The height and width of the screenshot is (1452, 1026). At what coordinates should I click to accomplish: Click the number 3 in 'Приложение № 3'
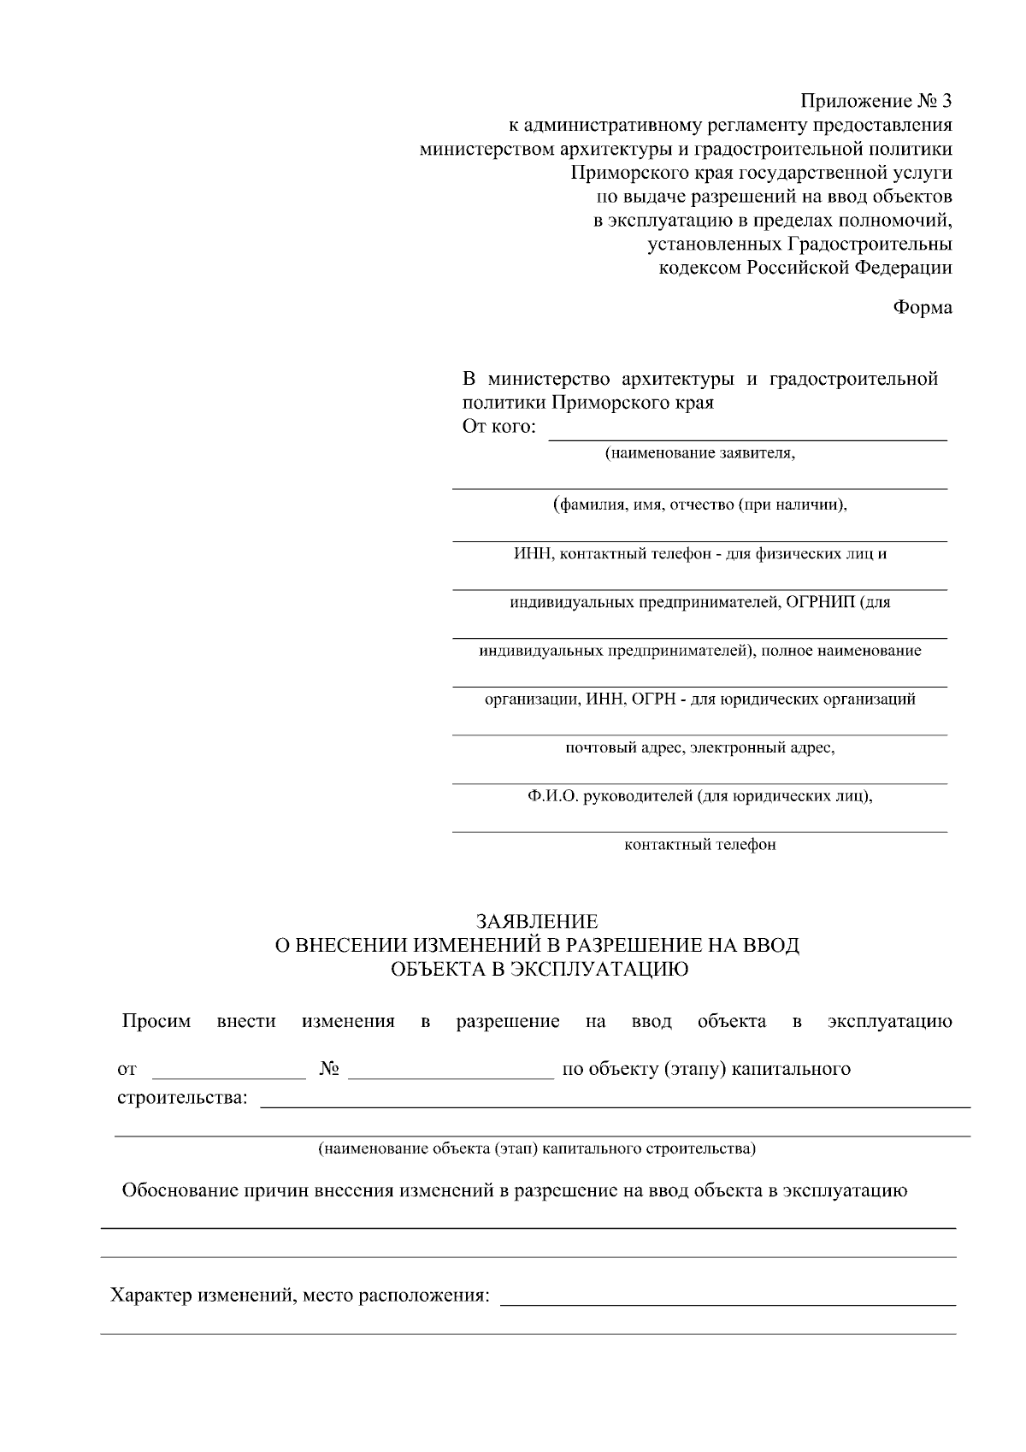pos(945,101)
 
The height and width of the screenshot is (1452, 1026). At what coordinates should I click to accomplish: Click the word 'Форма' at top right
pos(923,307)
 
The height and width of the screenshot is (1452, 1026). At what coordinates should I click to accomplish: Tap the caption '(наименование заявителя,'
pos(700,453)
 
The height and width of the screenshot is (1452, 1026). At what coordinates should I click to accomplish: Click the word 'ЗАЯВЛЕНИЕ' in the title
pos(537,922)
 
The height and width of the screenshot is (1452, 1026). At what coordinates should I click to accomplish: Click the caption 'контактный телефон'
pos(700,845)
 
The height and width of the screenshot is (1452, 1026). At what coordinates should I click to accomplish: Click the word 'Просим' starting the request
pos(156,1021)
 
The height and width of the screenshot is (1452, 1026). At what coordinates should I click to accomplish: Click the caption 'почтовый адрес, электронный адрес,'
pos(700,748)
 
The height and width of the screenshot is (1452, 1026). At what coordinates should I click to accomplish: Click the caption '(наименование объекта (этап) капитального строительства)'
pos(537,1148)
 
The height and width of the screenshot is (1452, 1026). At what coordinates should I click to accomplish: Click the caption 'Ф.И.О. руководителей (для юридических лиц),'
pos(700,796)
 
